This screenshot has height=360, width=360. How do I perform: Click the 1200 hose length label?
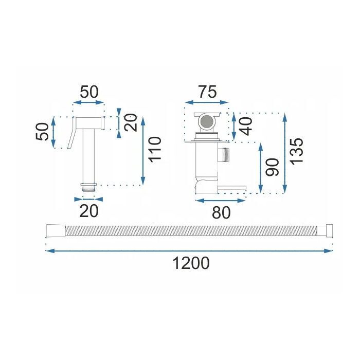191,263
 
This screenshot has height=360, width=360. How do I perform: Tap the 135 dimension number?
296,151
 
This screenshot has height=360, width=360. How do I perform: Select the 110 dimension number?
155,150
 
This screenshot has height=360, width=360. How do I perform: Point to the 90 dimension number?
272,167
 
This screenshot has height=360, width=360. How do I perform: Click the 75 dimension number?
207,92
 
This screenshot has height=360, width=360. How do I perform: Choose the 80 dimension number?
221,212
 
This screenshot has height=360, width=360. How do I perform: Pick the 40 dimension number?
245,127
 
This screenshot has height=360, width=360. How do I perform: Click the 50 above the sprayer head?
89,92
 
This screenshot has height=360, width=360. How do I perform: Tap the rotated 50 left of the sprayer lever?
42,132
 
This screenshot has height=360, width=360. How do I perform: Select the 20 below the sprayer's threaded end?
89,211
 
